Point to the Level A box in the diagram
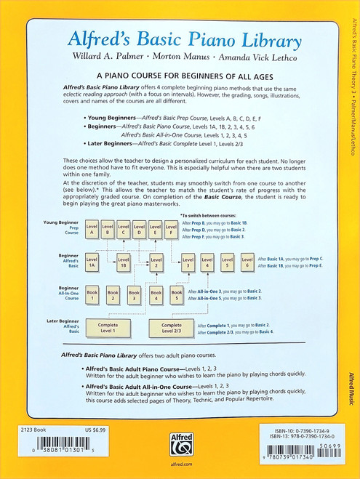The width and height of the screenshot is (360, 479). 92,230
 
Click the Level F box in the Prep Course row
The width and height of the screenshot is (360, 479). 171,230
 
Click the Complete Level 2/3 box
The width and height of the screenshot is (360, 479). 172,328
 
